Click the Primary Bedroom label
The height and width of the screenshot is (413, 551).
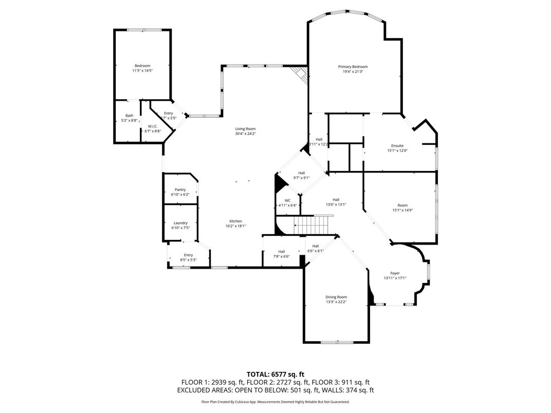click(x=353, y=67)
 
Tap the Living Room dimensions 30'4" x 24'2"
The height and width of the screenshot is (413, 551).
click(x=245, y=134)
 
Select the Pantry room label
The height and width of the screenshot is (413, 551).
click(x=180, y=190)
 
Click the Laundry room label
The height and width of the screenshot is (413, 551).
click(x=180, y=223)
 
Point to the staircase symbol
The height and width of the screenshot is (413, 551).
click(x=310, y=223)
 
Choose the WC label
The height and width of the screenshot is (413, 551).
click(x=287, y=200)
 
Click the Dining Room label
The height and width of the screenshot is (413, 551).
click(x=336, y=297)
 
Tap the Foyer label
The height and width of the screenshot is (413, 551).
click(x=395, y=273)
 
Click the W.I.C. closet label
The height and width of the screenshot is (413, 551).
click(x=152, y=126)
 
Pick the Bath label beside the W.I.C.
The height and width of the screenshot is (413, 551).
click(x=129, y=116)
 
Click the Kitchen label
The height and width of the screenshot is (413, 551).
click(x=236, y=221)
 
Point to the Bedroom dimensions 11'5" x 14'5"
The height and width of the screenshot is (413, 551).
click(x=142, y=70)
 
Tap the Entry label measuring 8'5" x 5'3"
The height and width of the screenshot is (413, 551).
click(x=188, y=260)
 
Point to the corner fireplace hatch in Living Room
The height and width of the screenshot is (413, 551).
click(x=300, y=75)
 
